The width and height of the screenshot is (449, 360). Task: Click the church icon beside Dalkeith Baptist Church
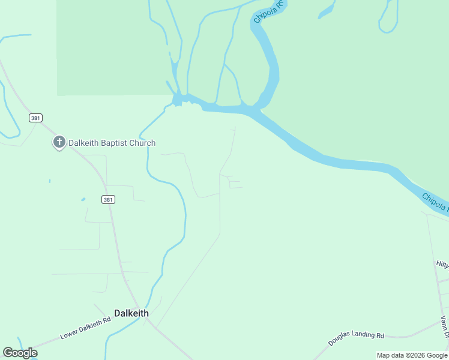(59, 142)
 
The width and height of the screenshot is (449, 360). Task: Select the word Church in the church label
(144, 143)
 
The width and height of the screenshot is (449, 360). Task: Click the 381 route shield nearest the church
(35, 118)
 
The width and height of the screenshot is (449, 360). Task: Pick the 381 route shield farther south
(108, 199)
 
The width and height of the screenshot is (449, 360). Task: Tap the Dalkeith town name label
(131, 313)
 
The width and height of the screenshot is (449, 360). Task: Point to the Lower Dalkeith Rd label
(85, 328)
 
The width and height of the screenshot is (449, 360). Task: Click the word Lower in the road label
(70, 333)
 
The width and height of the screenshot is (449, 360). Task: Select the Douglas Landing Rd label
(356, 338)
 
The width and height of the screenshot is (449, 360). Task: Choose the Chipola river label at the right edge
(435, 202)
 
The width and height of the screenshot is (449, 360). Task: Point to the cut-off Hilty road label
(442, 264)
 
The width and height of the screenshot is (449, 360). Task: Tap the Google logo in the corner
(20, 353)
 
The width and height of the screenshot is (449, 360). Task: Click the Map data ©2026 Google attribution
(412, 355)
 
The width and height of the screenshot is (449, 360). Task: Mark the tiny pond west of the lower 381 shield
(82, 199)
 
